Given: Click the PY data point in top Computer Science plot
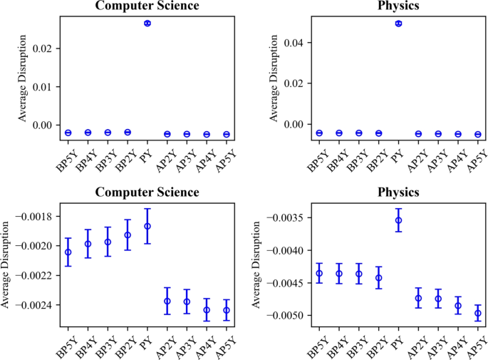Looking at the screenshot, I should click(x=147, y=24).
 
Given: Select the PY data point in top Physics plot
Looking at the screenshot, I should click(x=399, y=24).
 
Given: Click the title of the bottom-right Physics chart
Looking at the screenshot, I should click(x=399, y=192).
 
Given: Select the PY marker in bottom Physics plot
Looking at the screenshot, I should click(x=399, y=220).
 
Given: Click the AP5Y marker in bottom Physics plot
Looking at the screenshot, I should click(x=478, y=313).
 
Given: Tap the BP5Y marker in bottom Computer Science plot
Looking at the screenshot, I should click(x=68, y=252).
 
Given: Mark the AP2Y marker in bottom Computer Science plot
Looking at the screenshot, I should click(x=167, y=301).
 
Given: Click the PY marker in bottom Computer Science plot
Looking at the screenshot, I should click(x=147, y=226).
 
